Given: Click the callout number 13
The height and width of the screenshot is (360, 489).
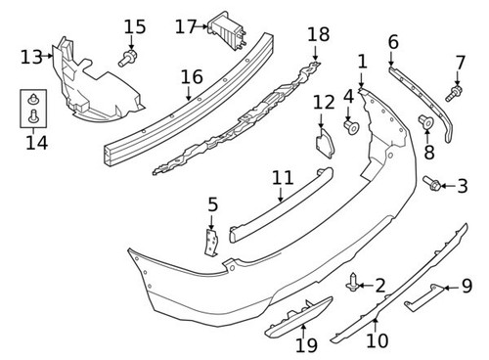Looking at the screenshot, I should click(x=29, y=57).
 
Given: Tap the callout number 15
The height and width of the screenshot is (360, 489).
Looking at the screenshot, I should click(x=135, y=26).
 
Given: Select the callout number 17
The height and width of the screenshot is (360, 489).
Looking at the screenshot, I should click(x=186, y=26).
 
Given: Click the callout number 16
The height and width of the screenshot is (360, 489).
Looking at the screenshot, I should click(x=192, y=75).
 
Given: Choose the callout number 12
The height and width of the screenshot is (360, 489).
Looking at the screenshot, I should click(x=324, y=102).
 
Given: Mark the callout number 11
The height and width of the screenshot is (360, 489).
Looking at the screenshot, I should click(x=283, y=177).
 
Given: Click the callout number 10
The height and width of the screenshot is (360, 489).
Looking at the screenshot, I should click(x=377, y=341).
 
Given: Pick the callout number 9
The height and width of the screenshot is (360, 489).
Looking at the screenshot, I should click(x=466, y=288).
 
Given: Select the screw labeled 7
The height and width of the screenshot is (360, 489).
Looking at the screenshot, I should click(x=454, y=94).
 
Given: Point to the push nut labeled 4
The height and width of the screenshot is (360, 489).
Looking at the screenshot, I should click(x=351, y=127).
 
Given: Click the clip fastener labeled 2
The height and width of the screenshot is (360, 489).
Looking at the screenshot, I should click(x=352, y=285).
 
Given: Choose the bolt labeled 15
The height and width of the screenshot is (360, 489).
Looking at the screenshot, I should click(x=126, y=60).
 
